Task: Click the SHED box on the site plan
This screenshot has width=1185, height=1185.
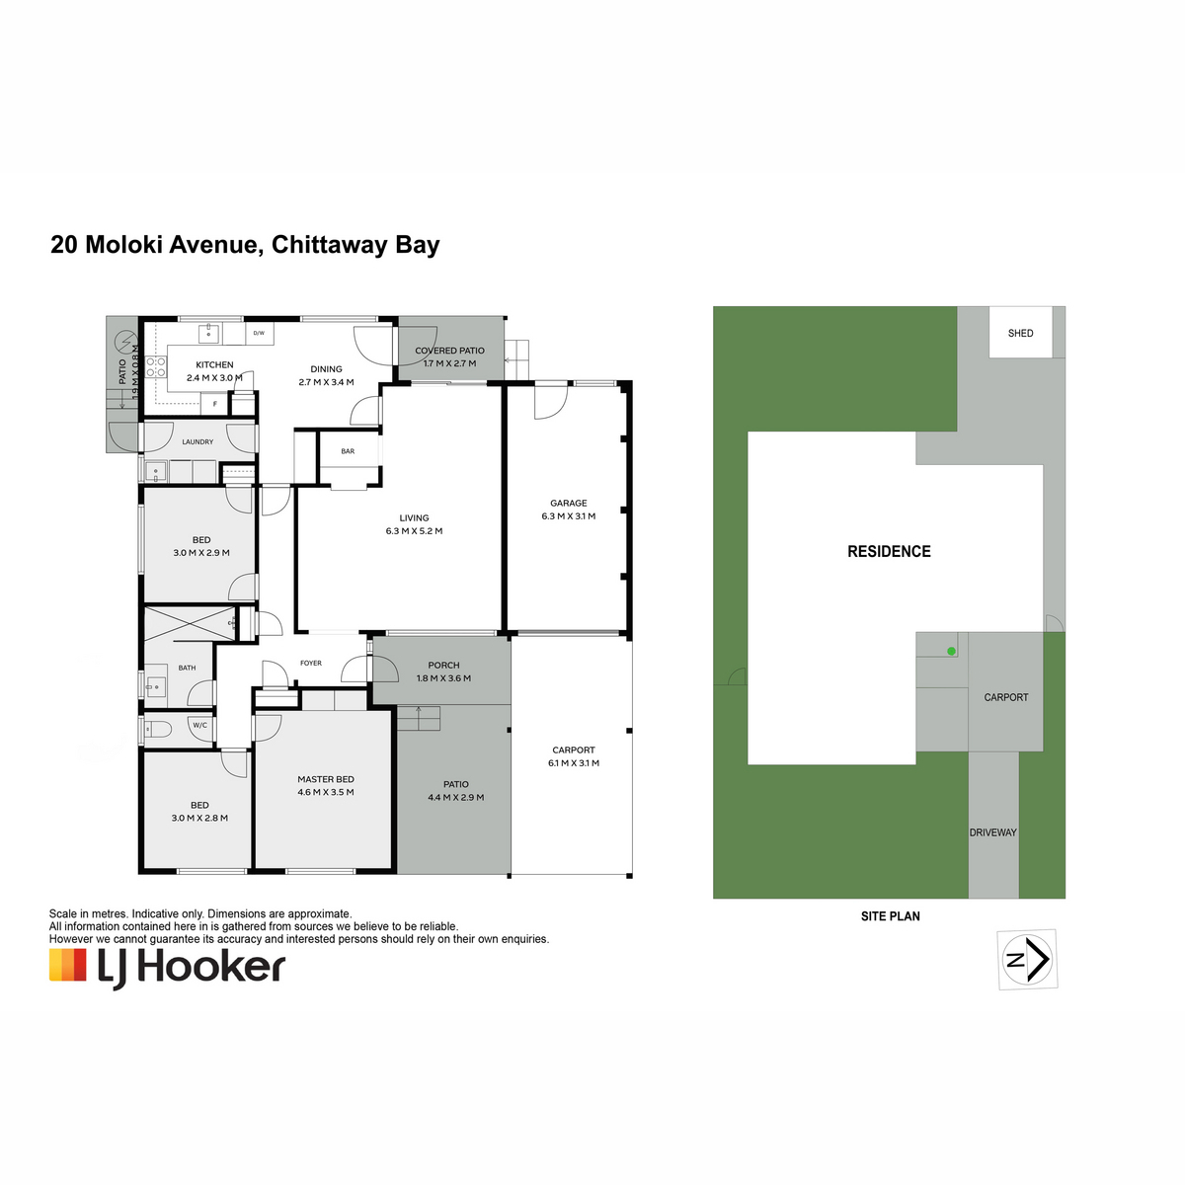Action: (x=1020, y=332)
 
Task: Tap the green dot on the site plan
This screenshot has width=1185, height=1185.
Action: (x=951, y=651)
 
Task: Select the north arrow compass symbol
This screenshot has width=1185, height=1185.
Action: (x=1027, y=959)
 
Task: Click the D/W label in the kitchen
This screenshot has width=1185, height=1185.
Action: (x=259, y=334)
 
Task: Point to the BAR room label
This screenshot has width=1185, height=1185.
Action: (x=348, y=451)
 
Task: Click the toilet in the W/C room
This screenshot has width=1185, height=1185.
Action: (x=158, y=730)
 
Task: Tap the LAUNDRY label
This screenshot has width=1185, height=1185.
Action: (x=198, y=442)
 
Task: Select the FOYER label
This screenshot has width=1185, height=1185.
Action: (x=311, y=663)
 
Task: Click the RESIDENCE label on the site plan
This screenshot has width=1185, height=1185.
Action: (x=889, y=552)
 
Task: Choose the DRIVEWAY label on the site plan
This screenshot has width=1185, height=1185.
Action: (x=993, y=832)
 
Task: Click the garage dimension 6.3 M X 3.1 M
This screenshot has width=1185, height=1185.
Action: (x=568, y=515)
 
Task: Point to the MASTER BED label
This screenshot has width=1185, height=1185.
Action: (x=326, y=779)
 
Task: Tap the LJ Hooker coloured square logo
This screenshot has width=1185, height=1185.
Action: (x=68, y=965)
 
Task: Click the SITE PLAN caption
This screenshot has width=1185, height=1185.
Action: (x=891, y=916)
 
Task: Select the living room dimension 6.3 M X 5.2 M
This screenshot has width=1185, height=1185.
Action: (x=414, y=530)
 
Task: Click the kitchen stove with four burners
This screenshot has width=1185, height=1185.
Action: (x=156, y=367)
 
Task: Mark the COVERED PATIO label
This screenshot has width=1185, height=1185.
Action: (x=449, y=351)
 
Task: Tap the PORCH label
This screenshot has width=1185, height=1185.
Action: (x=443, y=666)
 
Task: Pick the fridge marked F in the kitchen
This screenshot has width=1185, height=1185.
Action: (x=215, y=404)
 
